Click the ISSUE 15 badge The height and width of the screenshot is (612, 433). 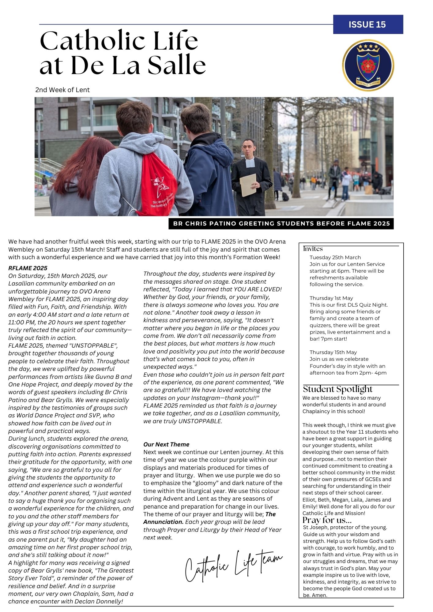[x=368, y=24]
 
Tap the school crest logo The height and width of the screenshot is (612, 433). [x=368, y=65]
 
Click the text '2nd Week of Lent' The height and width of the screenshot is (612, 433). [x=62, y=90]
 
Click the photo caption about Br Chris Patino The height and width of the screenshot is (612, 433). [x=281, y=224]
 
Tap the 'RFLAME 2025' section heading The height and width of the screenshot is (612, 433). [x=28, y=268]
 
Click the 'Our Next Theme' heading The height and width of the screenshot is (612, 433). [x=166, y=444]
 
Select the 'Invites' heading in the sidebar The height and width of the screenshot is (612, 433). [x=313, y=249]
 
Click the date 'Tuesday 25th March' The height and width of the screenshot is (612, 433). [x=335, y=258]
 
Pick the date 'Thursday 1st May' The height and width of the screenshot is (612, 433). [x=331, y=298]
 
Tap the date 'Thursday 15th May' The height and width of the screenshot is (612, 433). [x=333, y=353]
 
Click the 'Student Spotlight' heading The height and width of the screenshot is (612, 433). [x=337, y=389]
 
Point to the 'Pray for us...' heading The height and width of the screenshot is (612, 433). [x=327, y=520]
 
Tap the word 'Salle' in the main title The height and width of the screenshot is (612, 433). [x=177, y=65]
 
